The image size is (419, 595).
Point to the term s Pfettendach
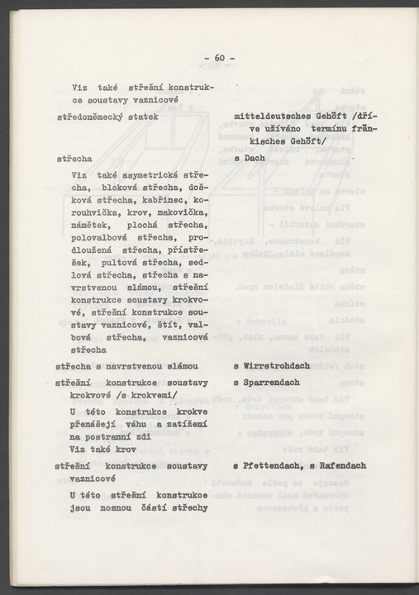pos(269,466)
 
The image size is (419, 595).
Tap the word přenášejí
pos(97,424)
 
